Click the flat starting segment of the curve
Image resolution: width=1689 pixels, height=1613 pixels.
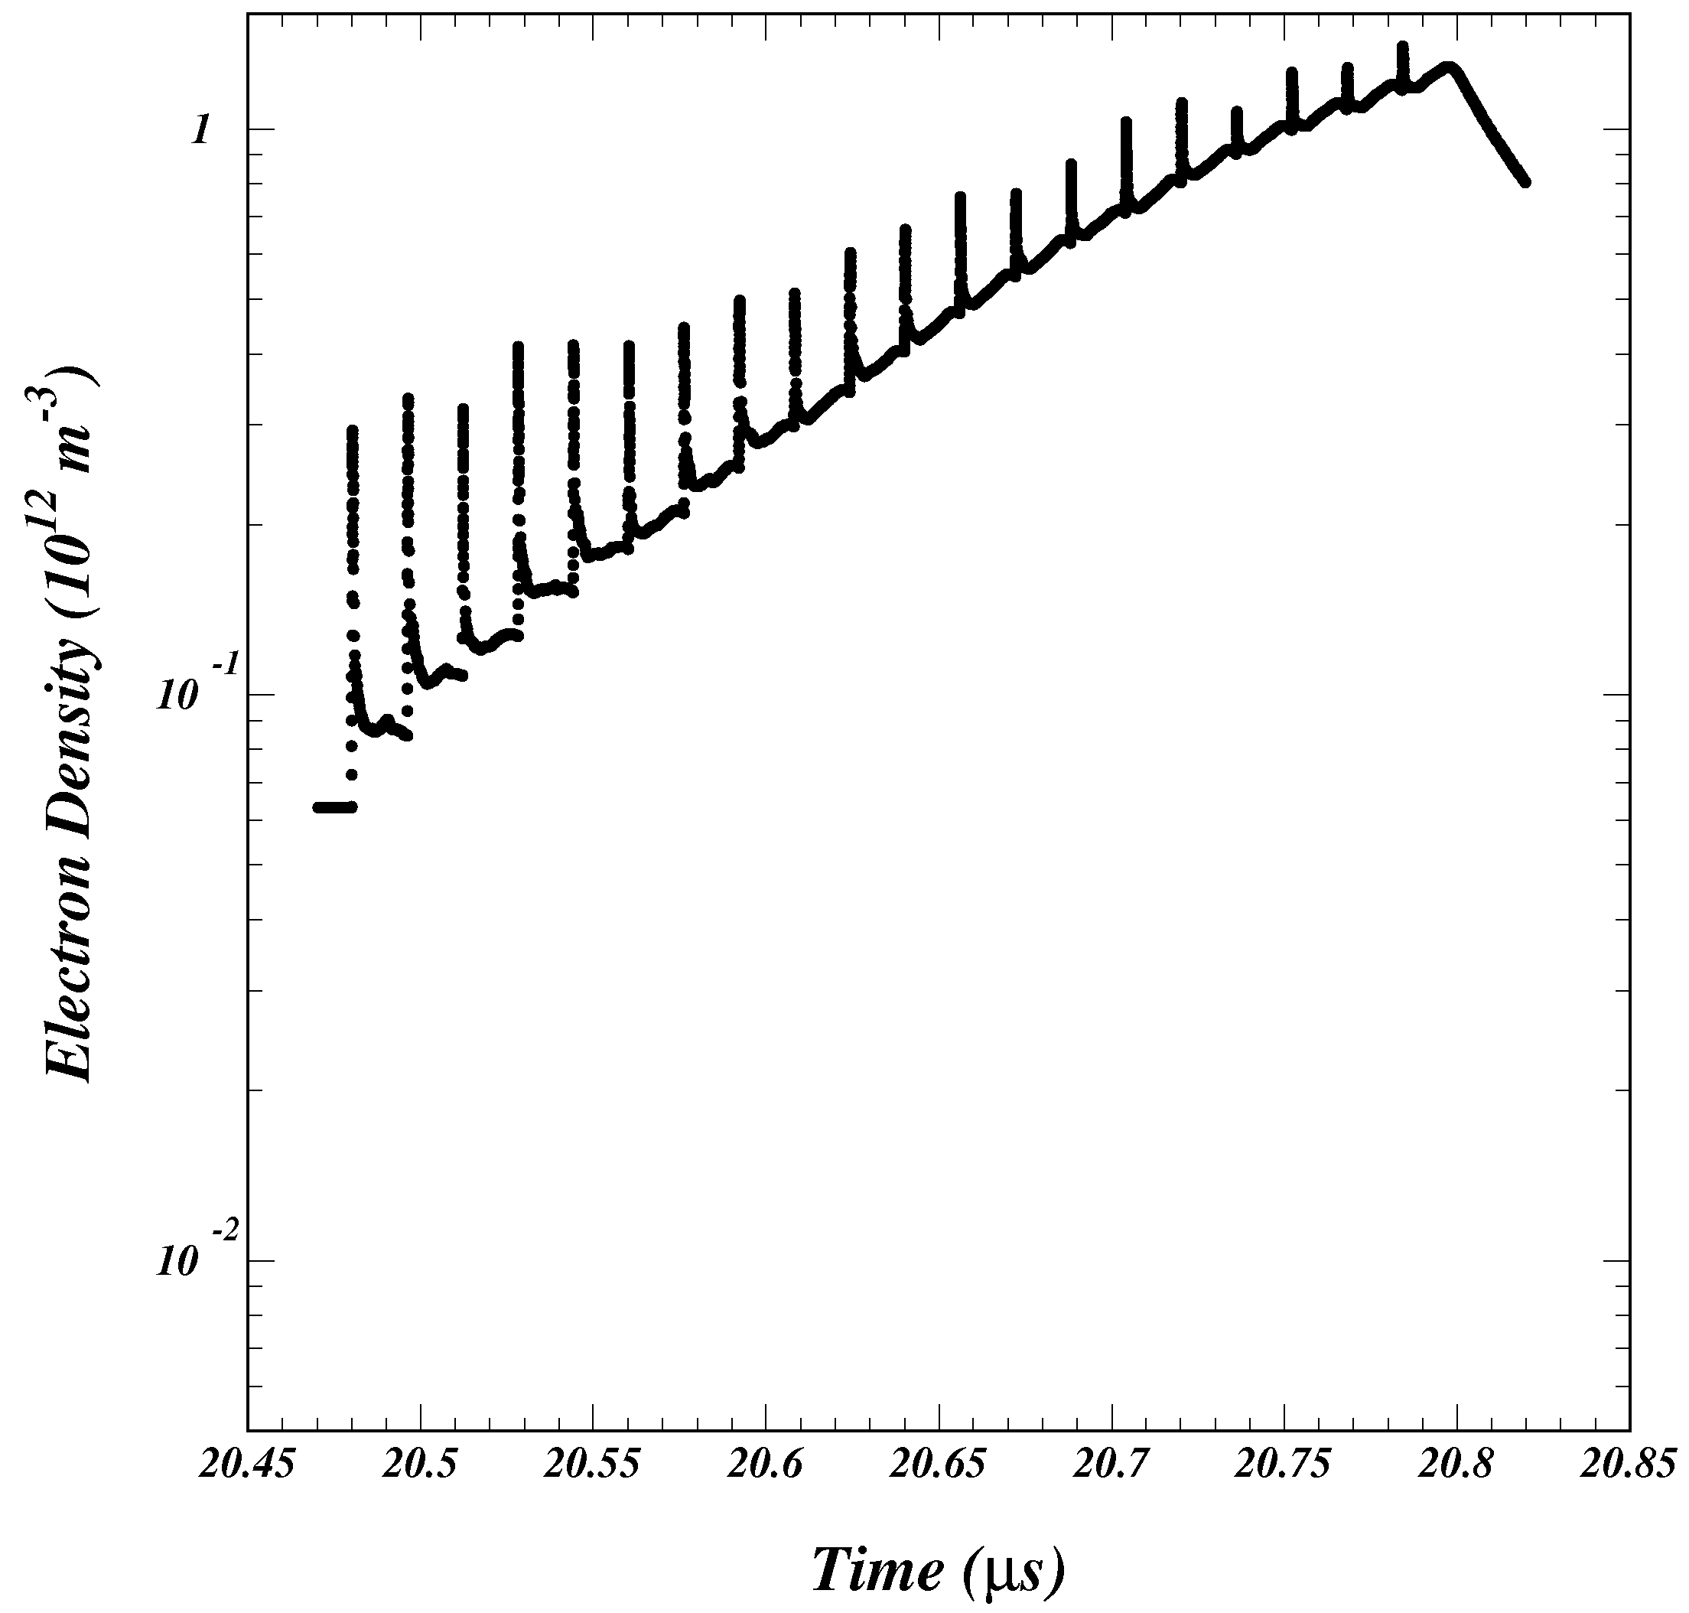(334, 806)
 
